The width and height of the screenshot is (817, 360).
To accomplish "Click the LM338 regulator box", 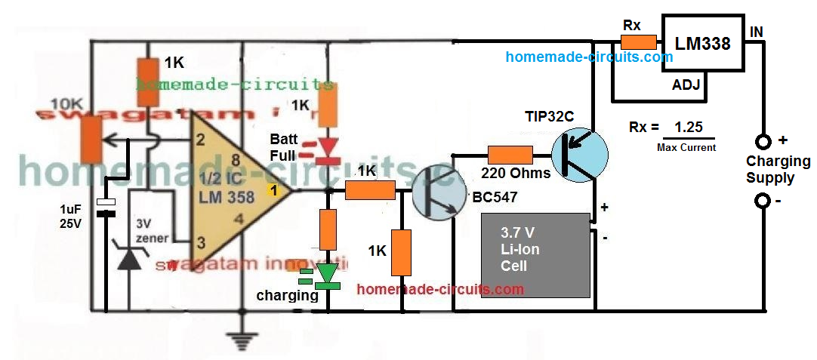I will pyautogui.click(x=702, y=44).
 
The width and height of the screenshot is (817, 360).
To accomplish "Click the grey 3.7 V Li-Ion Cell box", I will pyautogui.click(x=536, y=256).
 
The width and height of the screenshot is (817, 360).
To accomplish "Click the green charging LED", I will pyautogui.click(x=328, y=275).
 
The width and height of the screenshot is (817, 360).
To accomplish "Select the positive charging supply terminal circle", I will pyautogui.click(x=763, y=141).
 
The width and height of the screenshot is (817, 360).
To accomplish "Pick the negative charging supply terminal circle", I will pyautogui.click(x=763, y=202).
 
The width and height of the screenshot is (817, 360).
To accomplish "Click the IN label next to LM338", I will pyautogui.click(x=756, y=32).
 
